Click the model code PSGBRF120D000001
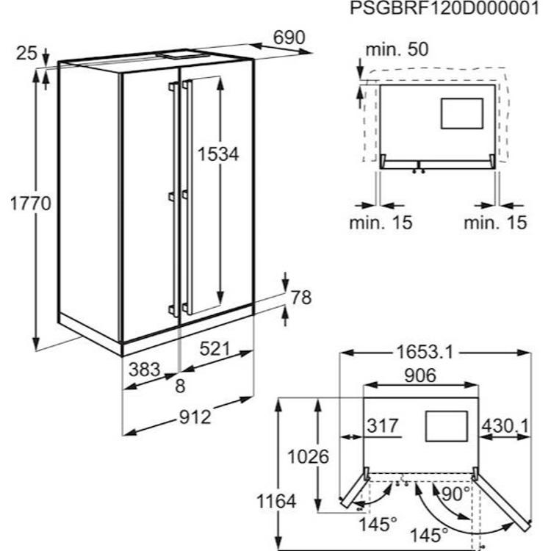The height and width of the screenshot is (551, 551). tap(444, 8)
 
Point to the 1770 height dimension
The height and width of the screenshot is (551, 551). tap(31, 204)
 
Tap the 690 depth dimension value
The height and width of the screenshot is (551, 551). tap(289, 37)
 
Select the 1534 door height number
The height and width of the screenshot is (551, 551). tap(218, 154)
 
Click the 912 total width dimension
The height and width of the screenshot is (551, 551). tap(195, 417)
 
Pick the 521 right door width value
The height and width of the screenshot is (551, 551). tap(215, 348)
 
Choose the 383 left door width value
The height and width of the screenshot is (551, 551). tap(145, 370)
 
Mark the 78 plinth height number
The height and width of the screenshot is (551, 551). tap(301, 298)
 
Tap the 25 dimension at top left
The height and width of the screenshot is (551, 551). tap(26, 54)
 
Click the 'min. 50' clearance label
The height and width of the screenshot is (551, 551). tap(397, 49)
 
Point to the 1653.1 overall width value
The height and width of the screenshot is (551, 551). tap(425, 352)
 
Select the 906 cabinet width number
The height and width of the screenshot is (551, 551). tap(420, 375)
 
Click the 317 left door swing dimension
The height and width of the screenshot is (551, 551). tap(383, 426)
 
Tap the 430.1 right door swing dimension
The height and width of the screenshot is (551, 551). tap(505, 426)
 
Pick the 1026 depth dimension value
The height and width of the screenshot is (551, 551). tap(308, 457)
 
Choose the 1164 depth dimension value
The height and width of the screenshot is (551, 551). tap(276, 501)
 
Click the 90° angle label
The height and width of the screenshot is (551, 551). tap(455, 494)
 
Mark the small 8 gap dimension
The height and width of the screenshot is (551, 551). tap(180, 386)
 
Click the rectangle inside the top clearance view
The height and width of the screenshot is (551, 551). tap(462, 113)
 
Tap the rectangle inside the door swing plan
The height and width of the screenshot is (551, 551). tap(447, 426)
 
